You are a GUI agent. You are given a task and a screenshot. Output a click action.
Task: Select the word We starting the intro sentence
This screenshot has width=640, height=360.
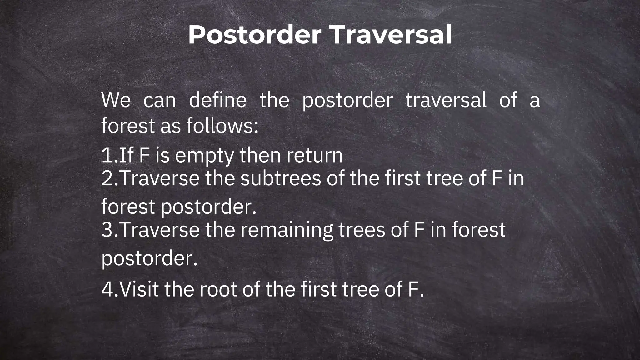[x=116, y=100]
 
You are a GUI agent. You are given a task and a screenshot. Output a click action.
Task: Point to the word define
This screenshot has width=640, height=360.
[x=218, y=100]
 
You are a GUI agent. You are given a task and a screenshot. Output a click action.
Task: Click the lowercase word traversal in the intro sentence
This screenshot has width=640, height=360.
[x=446, y=100]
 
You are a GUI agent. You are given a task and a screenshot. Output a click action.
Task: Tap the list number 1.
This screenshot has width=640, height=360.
[x=107, y=155]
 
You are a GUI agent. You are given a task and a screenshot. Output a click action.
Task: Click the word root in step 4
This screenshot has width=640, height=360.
[x=218, y=289]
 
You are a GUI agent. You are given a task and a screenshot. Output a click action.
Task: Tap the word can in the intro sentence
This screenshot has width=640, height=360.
[x=160, y=101]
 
